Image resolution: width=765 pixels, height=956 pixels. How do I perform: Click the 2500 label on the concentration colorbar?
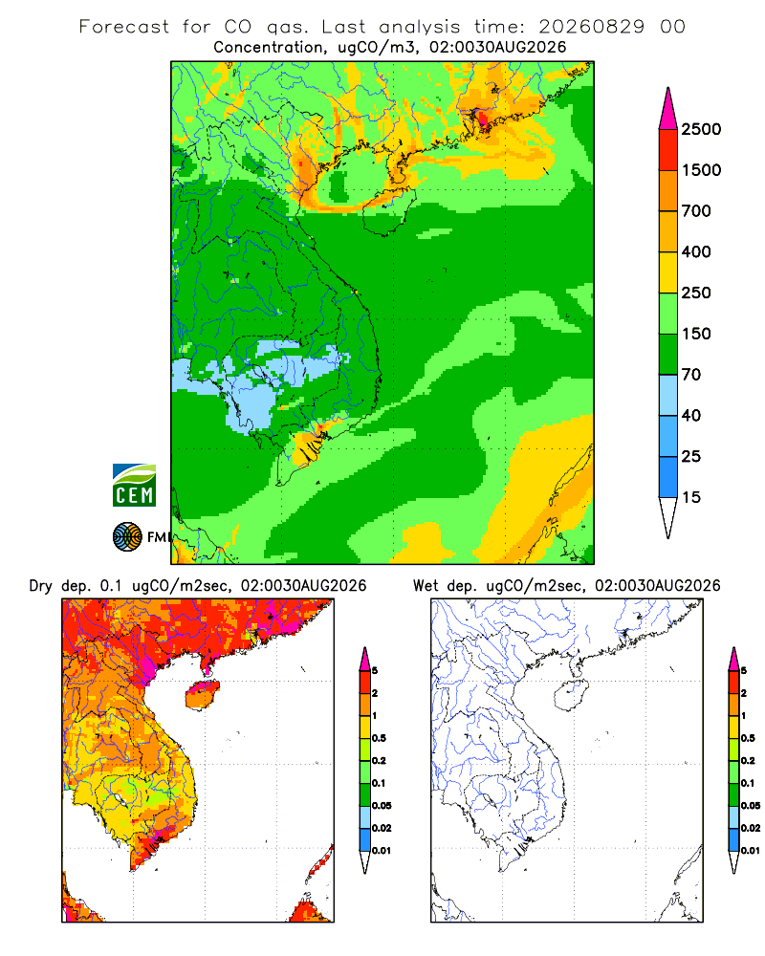tap(701, 129)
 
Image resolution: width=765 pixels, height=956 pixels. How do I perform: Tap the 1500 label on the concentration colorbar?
tap(701, 170)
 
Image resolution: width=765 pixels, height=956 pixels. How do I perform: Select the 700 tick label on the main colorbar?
tap(696, 211)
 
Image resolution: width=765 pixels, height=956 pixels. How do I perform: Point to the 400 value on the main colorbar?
tap(696, 251)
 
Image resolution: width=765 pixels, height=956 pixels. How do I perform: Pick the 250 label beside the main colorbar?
tap(696, 293)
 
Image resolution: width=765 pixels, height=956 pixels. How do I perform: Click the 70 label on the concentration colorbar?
tap(691, 375)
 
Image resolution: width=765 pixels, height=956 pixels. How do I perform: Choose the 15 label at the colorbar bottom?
tap(691, 497)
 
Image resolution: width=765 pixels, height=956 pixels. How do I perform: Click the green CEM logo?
tap(134, 486)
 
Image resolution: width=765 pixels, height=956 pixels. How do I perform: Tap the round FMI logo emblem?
tap(127, 537)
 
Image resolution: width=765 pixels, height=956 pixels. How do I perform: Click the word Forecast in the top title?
tap(124, 27)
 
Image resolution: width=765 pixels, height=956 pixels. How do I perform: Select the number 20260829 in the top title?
tap(591, 27)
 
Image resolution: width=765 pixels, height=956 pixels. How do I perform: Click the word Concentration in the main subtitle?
tap(269, 48)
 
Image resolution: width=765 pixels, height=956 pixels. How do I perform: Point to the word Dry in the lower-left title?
tap(41, 587)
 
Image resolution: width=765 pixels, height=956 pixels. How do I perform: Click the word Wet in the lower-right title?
tap(426, 586)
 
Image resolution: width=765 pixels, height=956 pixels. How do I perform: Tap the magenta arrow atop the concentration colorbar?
tap(668, 109)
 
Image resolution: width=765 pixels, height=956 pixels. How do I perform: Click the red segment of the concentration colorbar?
tap(668, 150)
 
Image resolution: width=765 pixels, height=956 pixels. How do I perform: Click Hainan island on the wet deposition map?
tap(572, 696)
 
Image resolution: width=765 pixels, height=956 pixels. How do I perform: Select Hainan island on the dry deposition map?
tap(203, 696)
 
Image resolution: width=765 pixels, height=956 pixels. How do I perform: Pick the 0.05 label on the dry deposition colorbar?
tap(382, 806)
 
